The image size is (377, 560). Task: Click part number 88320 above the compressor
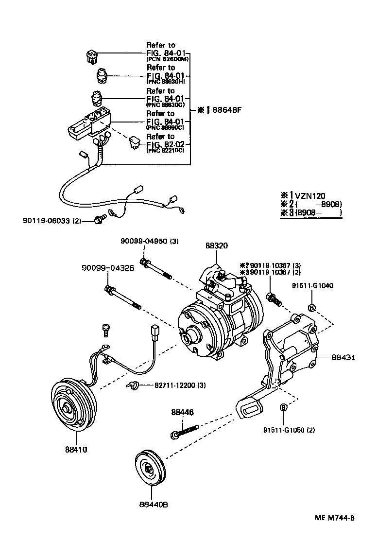[217, 246]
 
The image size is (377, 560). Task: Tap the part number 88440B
[152, 505]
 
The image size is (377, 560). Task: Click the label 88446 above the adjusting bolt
[182, 412]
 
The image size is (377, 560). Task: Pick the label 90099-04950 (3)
[150, 241]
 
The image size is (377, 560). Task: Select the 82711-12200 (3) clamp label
[180, 385]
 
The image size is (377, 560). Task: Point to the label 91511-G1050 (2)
[289, 430]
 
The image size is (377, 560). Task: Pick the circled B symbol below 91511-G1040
[312, 307]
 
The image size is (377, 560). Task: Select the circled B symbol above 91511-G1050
[283, 407]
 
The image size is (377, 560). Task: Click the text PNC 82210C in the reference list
[165, 150]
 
